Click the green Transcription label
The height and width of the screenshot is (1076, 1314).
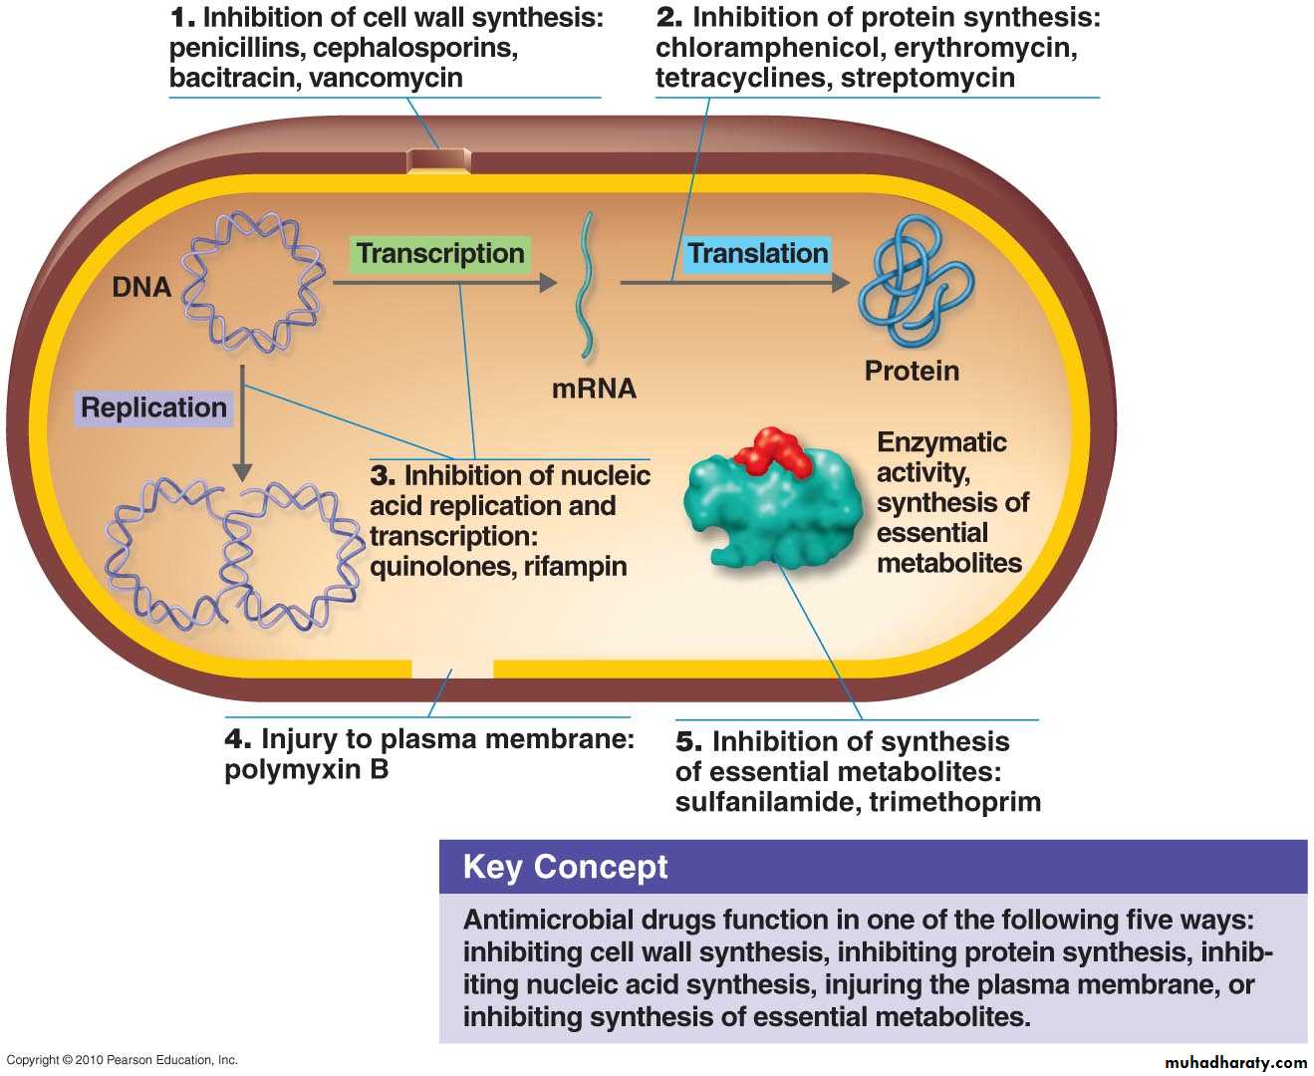click(440, 254)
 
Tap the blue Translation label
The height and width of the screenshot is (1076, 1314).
click(757, 254)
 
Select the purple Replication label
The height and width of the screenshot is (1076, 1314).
click(153, 407)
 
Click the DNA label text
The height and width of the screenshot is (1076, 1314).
click(141, 288)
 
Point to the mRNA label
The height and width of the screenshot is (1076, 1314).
click(594, 389)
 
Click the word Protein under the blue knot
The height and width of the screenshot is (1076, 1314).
click(912, 372)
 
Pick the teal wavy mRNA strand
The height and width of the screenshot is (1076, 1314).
click(588, 284)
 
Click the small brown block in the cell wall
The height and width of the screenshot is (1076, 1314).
click(438, 160)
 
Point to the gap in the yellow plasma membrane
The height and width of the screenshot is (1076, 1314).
click(452, 668)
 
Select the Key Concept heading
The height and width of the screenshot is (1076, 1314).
click(565, 867)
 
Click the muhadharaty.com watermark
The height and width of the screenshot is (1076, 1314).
click(1235, 1063)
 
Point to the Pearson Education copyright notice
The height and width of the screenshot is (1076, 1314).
click(122, 1060)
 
